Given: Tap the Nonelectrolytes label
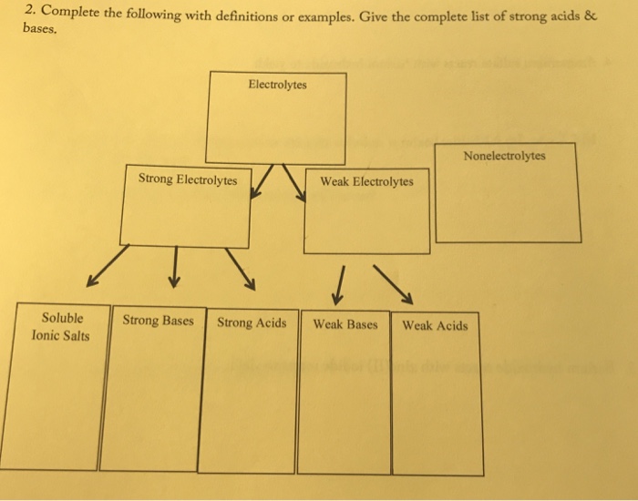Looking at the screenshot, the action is click(504, 155).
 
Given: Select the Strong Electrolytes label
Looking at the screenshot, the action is click(188, 179).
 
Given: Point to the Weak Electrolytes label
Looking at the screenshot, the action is click(366, 181).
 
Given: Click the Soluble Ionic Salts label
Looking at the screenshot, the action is click(61, 327).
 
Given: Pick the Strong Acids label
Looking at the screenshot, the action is click(252, 322).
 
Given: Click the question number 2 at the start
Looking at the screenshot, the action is click(30, 12).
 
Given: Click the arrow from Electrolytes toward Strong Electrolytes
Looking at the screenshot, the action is click(262, 181).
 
